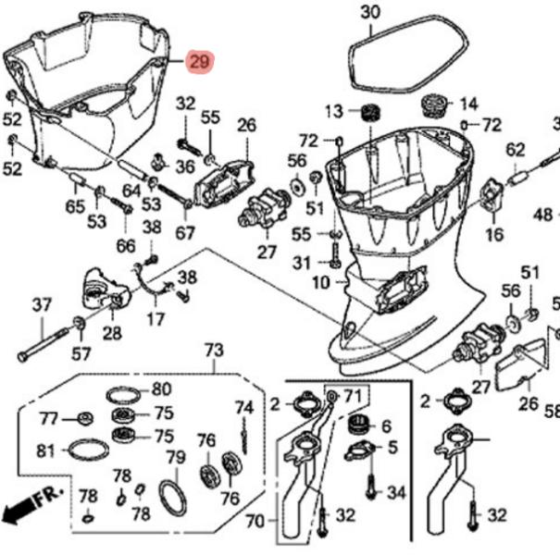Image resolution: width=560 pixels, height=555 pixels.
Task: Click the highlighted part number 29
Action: pos(199,61)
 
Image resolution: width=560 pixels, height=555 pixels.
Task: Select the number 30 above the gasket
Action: pos(370,12)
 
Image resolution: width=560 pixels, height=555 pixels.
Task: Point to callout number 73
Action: pos(214,351)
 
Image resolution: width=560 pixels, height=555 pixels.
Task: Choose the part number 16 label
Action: pos(495,235)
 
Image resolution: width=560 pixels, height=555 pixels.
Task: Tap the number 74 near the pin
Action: pos(243,407)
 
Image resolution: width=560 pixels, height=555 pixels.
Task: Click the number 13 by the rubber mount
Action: pos(333,112)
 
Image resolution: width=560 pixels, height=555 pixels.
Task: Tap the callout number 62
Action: pos(516,148)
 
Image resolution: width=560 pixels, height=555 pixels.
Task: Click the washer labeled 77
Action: pos(81,416)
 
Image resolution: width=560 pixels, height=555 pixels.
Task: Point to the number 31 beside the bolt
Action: pos(303,264)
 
